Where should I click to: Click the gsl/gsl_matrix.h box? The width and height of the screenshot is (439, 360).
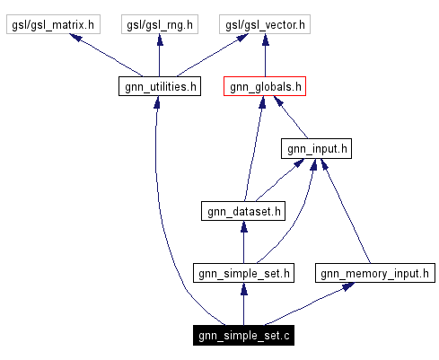click(50, 25)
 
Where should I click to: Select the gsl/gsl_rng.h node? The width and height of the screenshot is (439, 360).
click(159, 25)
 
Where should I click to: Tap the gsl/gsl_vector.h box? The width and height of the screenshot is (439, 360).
click(265, 25)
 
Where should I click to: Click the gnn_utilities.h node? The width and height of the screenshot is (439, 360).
click(159, 87)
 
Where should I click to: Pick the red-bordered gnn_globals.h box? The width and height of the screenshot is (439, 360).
click(265, 87)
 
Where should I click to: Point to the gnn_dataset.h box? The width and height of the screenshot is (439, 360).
click(243, 211)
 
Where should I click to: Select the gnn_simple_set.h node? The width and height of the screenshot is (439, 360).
click(243, 273)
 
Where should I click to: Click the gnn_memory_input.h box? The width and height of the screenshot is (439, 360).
click(375, 273)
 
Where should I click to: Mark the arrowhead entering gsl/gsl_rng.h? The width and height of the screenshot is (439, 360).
click(159, 41)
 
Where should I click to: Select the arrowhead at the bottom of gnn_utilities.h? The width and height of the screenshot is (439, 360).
click(157, 103)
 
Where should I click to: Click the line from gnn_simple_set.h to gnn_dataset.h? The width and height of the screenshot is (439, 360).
click(243, 242)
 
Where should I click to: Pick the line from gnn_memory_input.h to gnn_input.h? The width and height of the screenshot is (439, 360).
click(346, 211)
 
